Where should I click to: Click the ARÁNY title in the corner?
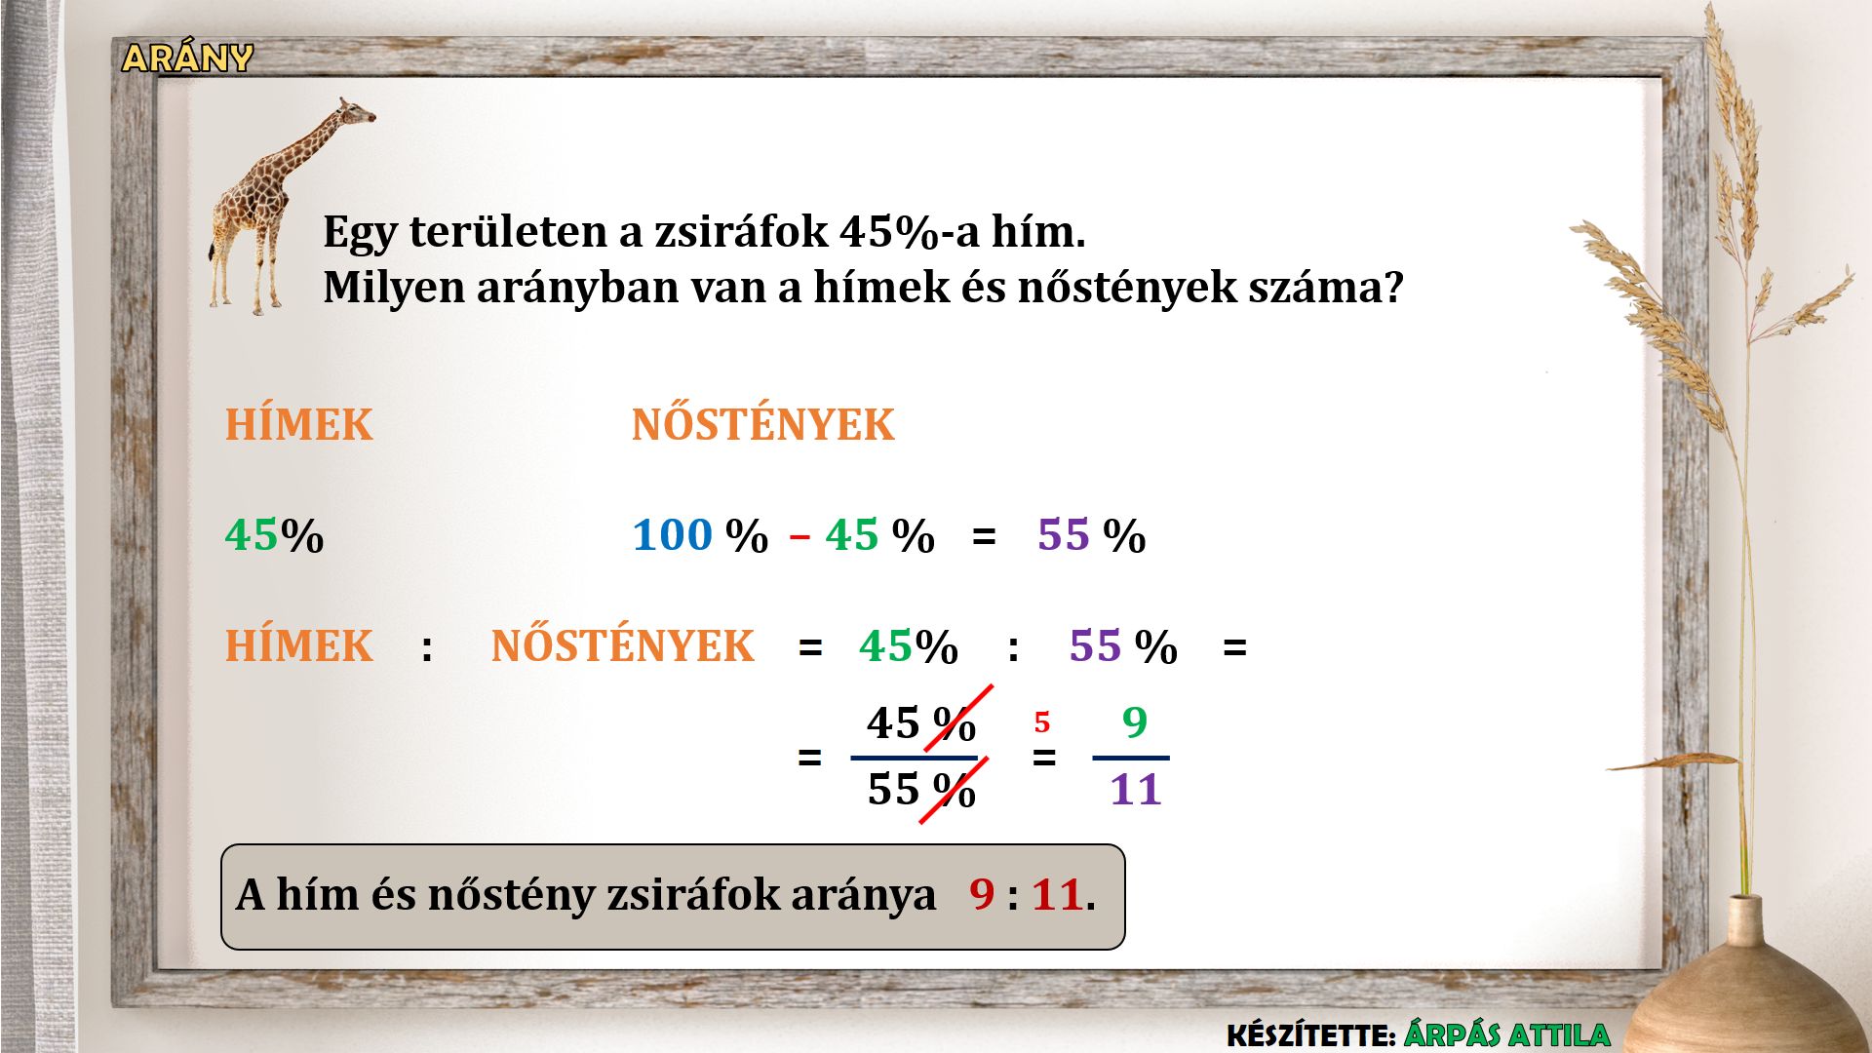187,58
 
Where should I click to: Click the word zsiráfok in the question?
741,232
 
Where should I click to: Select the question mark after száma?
1393,287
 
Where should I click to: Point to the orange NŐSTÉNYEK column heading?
762,423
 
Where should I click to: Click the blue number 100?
673,534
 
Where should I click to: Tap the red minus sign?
799,537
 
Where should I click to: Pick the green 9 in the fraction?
1134,722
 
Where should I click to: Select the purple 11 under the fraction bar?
1136,789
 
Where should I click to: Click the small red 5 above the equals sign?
1042,722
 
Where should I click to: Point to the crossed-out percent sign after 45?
955,723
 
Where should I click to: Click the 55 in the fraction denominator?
894,789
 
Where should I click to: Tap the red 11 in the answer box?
1058,894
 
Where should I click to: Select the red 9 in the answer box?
982,894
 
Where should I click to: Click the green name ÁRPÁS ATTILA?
1506,1034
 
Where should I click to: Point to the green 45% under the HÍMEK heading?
274,535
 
